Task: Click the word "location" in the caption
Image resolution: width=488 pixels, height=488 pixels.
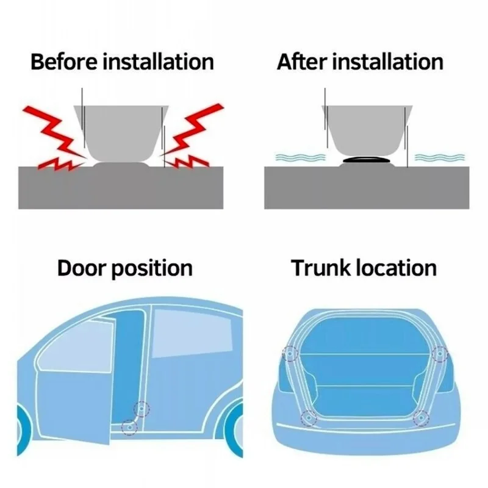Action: tap(399, 268)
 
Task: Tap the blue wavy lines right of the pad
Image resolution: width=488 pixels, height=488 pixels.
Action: tap(436, 158)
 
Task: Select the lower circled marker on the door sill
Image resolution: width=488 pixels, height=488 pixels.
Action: tap(128, 427)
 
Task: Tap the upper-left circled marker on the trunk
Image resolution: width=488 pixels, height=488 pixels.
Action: tap(289, 354)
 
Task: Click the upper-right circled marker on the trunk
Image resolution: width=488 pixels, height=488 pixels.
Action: tap(439, 354)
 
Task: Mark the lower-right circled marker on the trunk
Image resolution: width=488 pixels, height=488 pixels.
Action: tap(421, 418)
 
